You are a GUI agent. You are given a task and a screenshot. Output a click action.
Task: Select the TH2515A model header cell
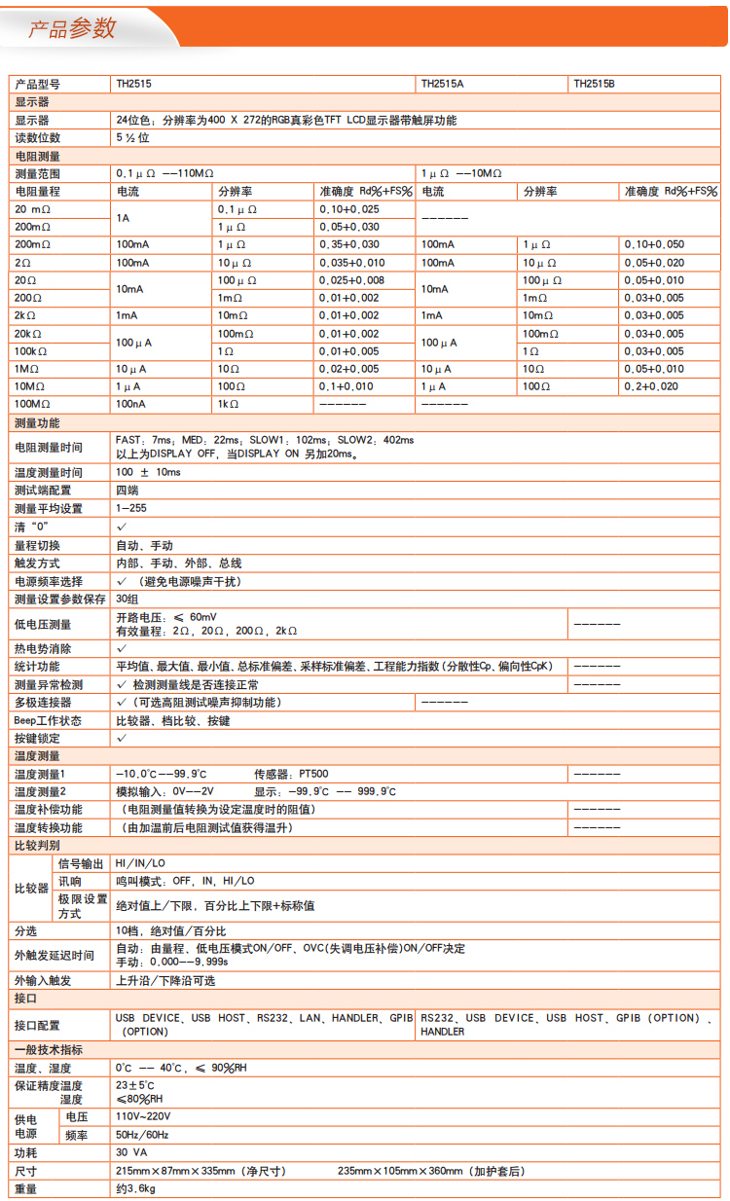(442, 85)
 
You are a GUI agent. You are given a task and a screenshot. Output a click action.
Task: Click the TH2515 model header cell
(133, 85)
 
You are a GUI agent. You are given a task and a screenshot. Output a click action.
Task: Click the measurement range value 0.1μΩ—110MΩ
(164, 173)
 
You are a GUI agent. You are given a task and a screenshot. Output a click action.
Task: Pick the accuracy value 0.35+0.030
(349, 244)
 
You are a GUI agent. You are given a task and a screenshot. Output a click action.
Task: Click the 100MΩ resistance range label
(33, 404)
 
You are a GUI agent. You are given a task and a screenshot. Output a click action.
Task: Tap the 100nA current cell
(132, 404)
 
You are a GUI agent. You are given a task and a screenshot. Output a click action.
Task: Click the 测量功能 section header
(37, 423)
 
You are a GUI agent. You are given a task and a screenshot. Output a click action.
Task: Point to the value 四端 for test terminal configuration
(127, 491)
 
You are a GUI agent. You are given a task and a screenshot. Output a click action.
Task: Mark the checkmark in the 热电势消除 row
(122, 648)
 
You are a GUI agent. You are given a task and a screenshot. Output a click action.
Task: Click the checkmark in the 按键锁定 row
(122, 739)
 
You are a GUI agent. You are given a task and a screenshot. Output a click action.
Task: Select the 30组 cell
(128, 599)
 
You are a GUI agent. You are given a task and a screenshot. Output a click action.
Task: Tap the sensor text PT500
(311, 774)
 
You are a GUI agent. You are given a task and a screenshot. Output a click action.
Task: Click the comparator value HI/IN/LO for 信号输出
(140, 863)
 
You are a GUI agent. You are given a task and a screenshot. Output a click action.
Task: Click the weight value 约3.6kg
(135, 1188)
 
